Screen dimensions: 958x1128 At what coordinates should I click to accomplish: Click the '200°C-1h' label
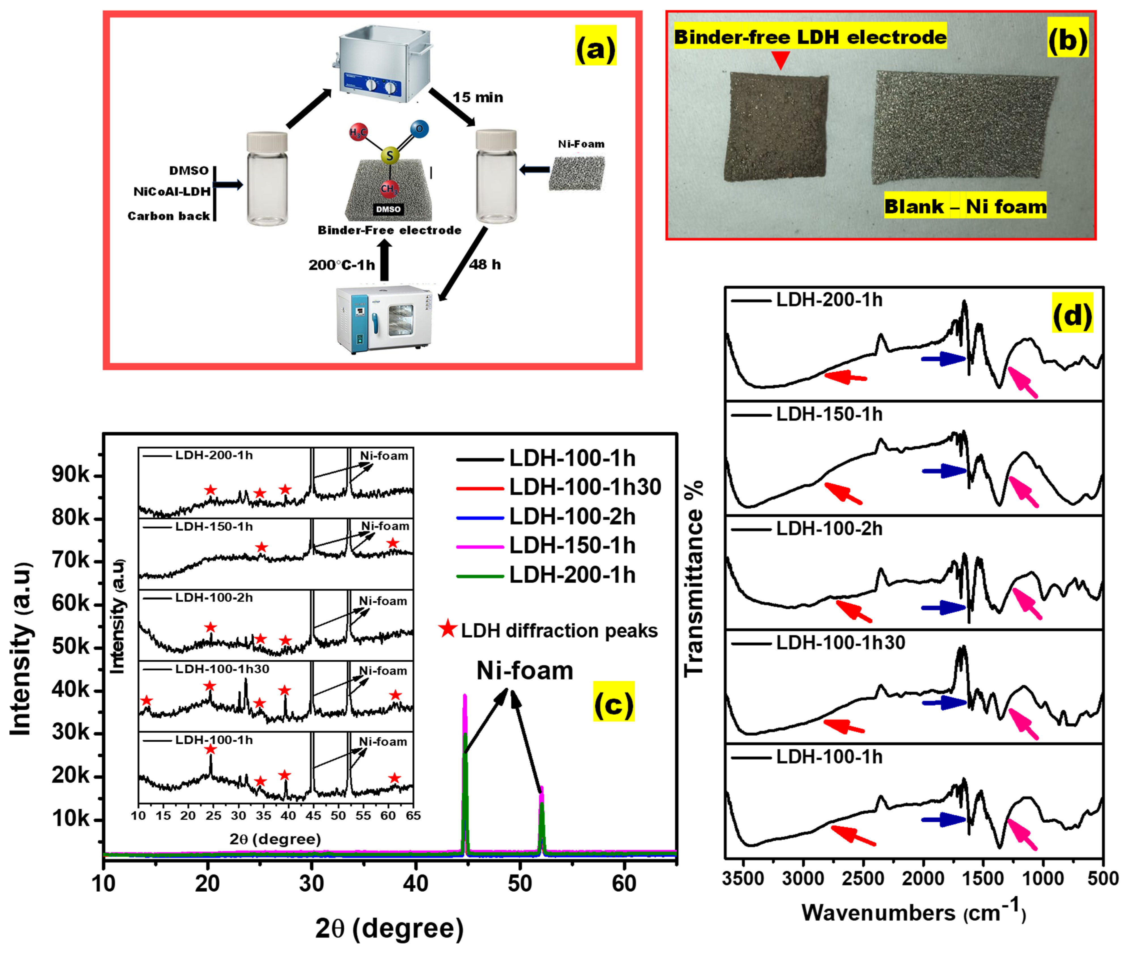[x=342, y=265]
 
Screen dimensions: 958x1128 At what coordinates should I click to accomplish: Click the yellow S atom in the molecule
[x=389, y=156]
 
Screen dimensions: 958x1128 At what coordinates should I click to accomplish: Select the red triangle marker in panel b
[x=781, y=60]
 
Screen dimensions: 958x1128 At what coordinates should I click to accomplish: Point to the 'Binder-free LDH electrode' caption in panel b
[x=810, y=37]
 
